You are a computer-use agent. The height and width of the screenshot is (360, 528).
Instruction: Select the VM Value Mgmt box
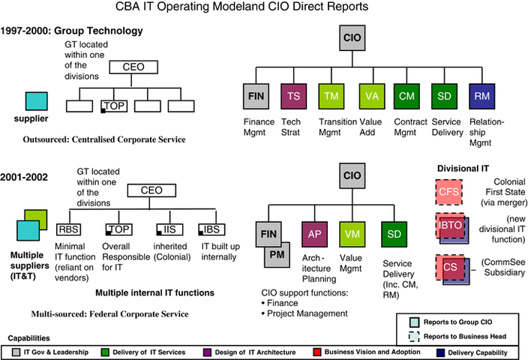pos(352,234)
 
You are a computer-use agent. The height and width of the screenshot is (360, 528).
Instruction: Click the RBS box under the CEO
pos(68,228)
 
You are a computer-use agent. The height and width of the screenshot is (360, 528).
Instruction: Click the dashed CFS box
pos(448,192)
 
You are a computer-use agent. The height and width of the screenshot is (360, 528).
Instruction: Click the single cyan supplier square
pos(37,101)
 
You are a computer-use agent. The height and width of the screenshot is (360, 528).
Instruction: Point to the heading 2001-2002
pos(24,177)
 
